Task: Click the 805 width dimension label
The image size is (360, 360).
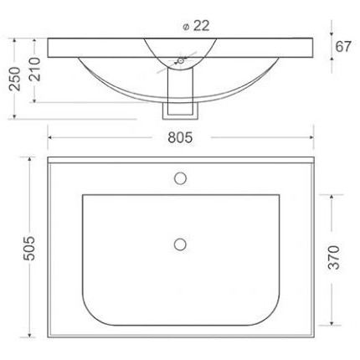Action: point(180,133)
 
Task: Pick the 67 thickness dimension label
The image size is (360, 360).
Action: point(343,46)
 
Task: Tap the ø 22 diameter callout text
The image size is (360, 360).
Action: point(194,25)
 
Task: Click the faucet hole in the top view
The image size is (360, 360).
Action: point(179,177)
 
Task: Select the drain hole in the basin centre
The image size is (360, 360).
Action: point(179,243)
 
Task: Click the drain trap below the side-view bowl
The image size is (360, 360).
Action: point(179,99)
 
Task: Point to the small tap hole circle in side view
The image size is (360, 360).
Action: point(179,60)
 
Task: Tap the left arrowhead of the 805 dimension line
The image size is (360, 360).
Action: point(49,133)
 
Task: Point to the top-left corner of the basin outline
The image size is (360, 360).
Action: point(83,196)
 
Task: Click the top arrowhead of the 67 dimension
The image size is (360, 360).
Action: point(327,39)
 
